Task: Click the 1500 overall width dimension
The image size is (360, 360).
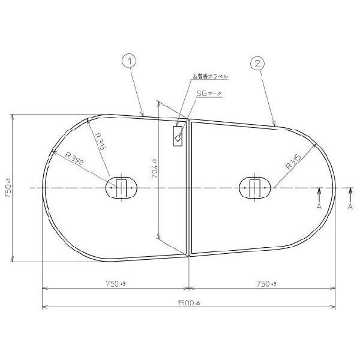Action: click(188, 304)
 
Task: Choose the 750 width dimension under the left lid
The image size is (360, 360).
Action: click(115, 283)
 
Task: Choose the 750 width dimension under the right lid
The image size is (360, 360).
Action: click(263, 283)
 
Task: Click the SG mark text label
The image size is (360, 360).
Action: click(206, 94)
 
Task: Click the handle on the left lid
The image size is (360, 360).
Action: click(121, 187)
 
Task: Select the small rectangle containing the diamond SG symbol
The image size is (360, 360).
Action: click(178, 136)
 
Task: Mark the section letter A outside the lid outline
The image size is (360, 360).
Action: click(350, 206)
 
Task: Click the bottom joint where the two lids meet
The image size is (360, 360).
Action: click(189, 254)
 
